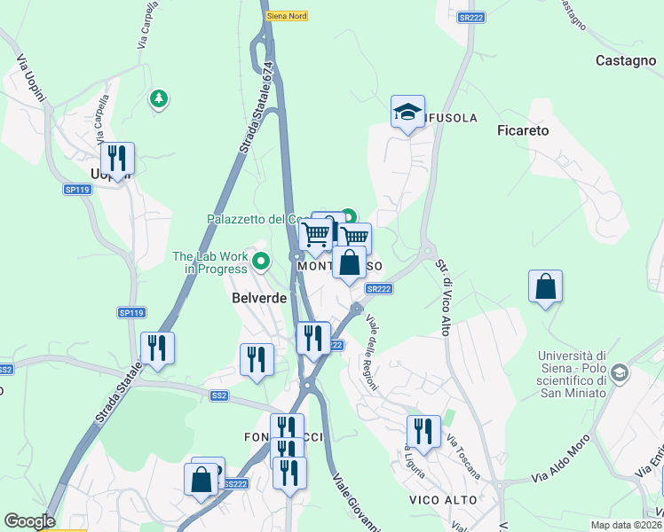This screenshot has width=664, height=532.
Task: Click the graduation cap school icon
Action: pos(407,112)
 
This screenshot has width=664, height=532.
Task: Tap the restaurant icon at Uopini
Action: pos(117,159)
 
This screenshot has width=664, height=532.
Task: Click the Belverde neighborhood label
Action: pos(259,298)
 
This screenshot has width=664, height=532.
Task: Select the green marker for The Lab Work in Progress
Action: pos(261,262)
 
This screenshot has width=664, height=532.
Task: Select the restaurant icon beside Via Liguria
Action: pos(423,432)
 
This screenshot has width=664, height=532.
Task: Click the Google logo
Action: pos(29,521)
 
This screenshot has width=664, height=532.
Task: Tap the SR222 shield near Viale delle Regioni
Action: pos(378,289)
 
